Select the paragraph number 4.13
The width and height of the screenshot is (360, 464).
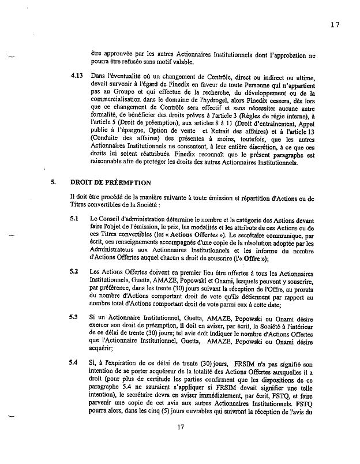click(x=76, y=76)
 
